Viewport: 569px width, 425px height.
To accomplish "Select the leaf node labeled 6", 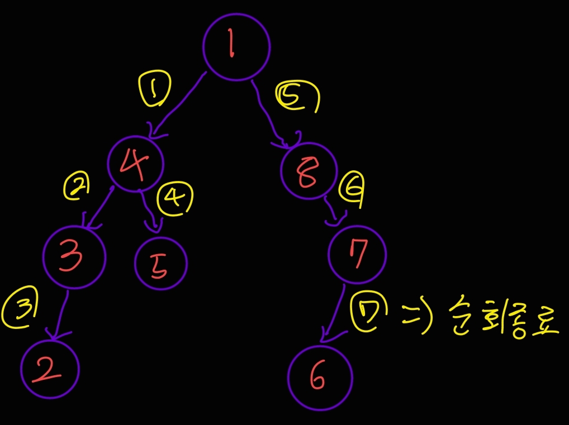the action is tap(320, 378).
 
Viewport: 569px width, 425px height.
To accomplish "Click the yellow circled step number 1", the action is tap(154, 90).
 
